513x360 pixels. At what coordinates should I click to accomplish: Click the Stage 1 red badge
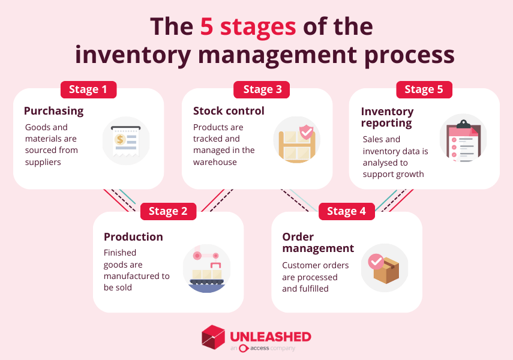pos(88,89)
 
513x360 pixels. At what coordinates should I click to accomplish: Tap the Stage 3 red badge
pos(262,89)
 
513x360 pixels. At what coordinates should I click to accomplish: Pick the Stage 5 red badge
pos(424,89)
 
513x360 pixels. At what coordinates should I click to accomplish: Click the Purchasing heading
pos(53,111)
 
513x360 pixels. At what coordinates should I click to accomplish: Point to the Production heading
pos(133,237)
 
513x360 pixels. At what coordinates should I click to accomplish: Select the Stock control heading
pos(229,111)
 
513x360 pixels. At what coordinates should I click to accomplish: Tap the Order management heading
pos(318,242)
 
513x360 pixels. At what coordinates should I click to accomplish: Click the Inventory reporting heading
pos(387,117)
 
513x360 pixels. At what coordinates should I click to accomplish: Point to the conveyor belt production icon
pos(206,268)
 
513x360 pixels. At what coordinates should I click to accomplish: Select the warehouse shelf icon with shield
pos(296,140)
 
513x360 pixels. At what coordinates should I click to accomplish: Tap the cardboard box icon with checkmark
pos(384,268)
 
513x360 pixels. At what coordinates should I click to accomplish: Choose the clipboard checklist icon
pos(463,140)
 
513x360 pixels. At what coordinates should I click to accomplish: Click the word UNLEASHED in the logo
pos(270,336)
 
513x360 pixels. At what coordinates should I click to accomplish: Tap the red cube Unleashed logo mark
pos(213,337)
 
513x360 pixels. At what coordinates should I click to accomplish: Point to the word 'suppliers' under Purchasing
pos(43,162)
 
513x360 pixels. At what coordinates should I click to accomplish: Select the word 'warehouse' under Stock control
pos(215,162)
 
